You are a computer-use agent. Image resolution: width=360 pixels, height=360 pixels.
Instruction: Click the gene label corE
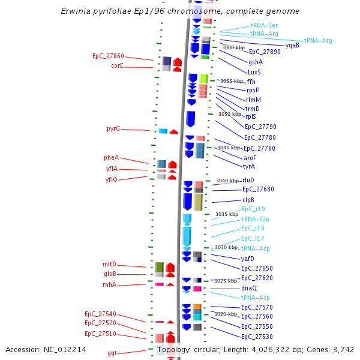click(x=117, y=66)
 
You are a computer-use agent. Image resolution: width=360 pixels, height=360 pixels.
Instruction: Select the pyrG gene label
click(x=113, y=129)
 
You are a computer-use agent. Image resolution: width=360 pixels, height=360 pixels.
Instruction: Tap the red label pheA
click(x=111, y=158)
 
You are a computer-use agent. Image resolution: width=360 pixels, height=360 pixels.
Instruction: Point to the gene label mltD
click(x=109, y=265)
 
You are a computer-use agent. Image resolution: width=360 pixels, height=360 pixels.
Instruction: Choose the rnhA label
click(x=109, y=285)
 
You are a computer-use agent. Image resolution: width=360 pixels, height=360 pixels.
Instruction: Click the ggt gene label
click(x=112, y=353)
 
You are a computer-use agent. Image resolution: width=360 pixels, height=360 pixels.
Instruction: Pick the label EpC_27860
click(x=108, y=56)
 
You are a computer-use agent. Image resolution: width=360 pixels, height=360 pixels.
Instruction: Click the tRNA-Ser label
click(x=264, y=25)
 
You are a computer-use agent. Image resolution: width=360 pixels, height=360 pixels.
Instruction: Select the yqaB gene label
click(x=292, y=45)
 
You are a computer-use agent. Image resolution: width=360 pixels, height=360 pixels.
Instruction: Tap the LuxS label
click(x=254, y=72)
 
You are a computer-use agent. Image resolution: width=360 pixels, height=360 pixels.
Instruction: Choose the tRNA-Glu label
click(x=255, y=219)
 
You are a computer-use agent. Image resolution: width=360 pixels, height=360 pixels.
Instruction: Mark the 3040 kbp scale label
click(x=227, y=181)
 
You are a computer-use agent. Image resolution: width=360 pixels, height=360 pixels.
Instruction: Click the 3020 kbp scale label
click(x=226, y=314)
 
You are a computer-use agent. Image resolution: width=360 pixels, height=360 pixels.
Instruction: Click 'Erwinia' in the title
click(x=75, y=11)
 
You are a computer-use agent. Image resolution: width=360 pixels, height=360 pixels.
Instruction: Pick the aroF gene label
click(x=250, y=158)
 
